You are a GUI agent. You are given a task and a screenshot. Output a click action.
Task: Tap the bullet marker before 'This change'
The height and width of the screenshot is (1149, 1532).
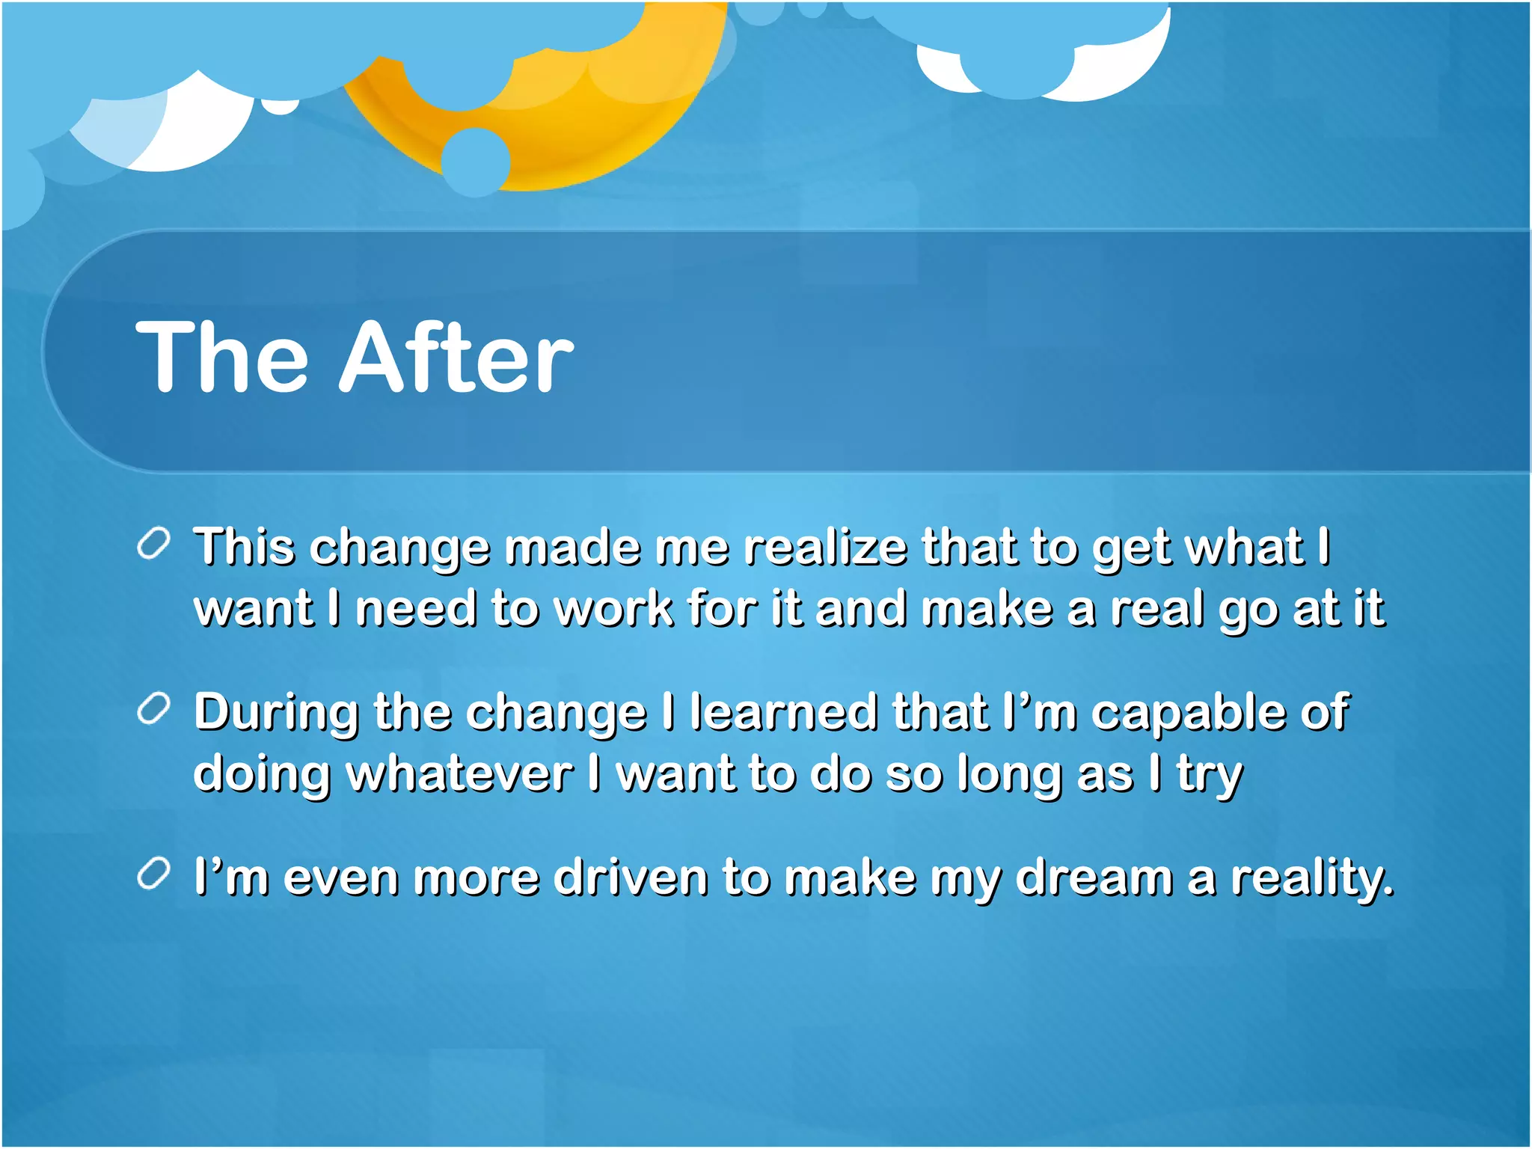[x=154, y=544]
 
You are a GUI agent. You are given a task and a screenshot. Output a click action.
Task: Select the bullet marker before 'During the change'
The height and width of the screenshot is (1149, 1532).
[x=154, y=708]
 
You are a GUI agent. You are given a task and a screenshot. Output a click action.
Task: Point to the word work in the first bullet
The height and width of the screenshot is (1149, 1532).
[x=615, y=608]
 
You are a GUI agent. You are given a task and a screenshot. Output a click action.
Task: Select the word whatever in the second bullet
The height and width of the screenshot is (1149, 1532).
[x=459, y=773]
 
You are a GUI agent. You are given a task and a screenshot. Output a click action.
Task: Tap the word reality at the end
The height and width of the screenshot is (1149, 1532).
[x=1312, y=879]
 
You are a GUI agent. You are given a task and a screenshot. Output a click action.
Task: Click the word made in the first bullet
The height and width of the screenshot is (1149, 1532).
[x=572, y=548]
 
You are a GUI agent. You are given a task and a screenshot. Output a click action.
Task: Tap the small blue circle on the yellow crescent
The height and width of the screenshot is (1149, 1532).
[x=476, y=162]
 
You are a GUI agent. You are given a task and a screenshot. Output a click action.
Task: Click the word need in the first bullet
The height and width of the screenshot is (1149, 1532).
[x=416, y=608]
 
